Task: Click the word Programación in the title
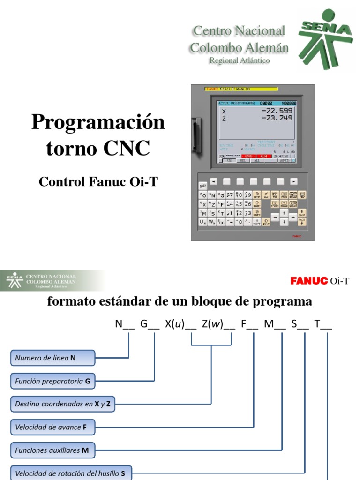pyautogui.click(x=98, y=123)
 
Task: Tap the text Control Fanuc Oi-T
pyautogui.click(x=98, y=182)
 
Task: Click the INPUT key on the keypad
pyautogui.click(x=266, y=222)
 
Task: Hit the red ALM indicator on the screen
pyautogui.click(x=263, y=156)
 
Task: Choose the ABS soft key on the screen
pyautogui.click(x=229, y=160)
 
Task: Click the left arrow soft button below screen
pyautogui.click(x=213, y=181)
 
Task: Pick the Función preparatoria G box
pyautogui.click(x=52, y=382)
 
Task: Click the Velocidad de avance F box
pyautogui.click(x=52, y=427)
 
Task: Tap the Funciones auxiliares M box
pyautogui.click(x=52, y=450)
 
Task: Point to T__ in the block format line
pyautogui.click(x=323, y=324)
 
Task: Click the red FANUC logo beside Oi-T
pyautogui.click(x=308, y=281)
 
